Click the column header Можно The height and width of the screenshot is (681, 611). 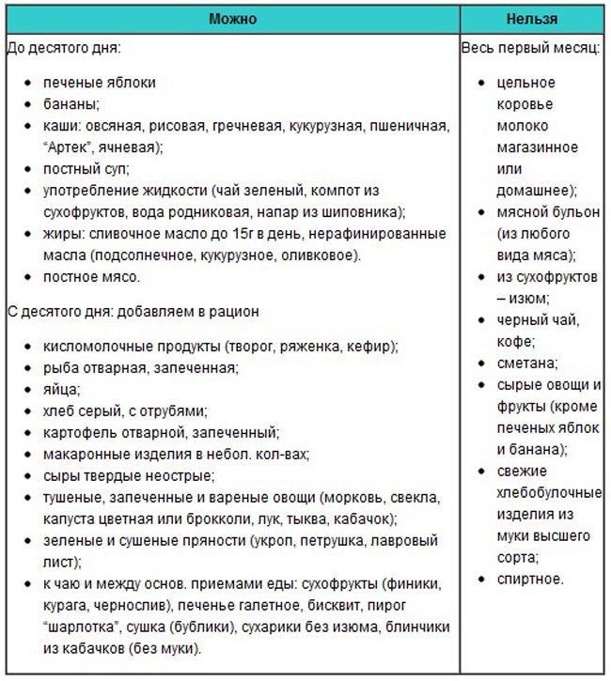[x=232, y=19]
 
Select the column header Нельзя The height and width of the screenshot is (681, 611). [x=531, y=19]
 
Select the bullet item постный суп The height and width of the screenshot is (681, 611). [x=86, y=168]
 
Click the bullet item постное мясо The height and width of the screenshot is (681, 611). [x=91, y=276]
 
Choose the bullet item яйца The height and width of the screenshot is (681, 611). [x=61, y=388]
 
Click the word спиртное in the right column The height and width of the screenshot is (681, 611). [x=530, y=579]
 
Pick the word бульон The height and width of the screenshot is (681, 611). [x=561, y=212]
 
